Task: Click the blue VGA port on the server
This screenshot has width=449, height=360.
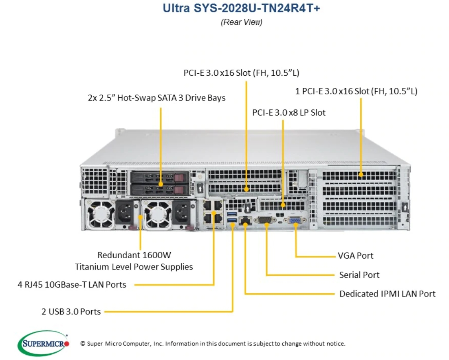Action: point(295,221)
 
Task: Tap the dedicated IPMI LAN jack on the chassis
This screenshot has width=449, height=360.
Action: point(246,221)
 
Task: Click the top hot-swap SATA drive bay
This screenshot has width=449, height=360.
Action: point(159,178)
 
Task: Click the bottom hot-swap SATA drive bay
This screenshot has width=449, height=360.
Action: point(159,189)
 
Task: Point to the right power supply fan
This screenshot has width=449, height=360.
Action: point(156,214)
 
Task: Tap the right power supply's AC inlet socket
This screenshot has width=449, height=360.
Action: point(182,213)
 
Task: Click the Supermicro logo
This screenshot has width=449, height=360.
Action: point(43,343)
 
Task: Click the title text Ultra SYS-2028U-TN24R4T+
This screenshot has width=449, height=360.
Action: point(241,9)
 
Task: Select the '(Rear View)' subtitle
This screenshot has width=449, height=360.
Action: point(241,22)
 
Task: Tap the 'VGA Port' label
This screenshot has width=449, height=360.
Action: point(355,256)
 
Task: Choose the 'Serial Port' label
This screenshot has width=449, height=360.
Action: point(359,275)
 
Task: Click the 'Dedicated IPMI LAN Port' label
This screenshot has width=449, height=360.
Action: point(387,294)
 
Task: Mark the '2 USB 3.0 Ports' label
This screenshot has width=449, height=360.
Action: point(71,312)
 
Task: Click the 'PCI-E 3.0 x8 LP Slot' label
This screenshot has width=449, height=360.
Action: point(288,112)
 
